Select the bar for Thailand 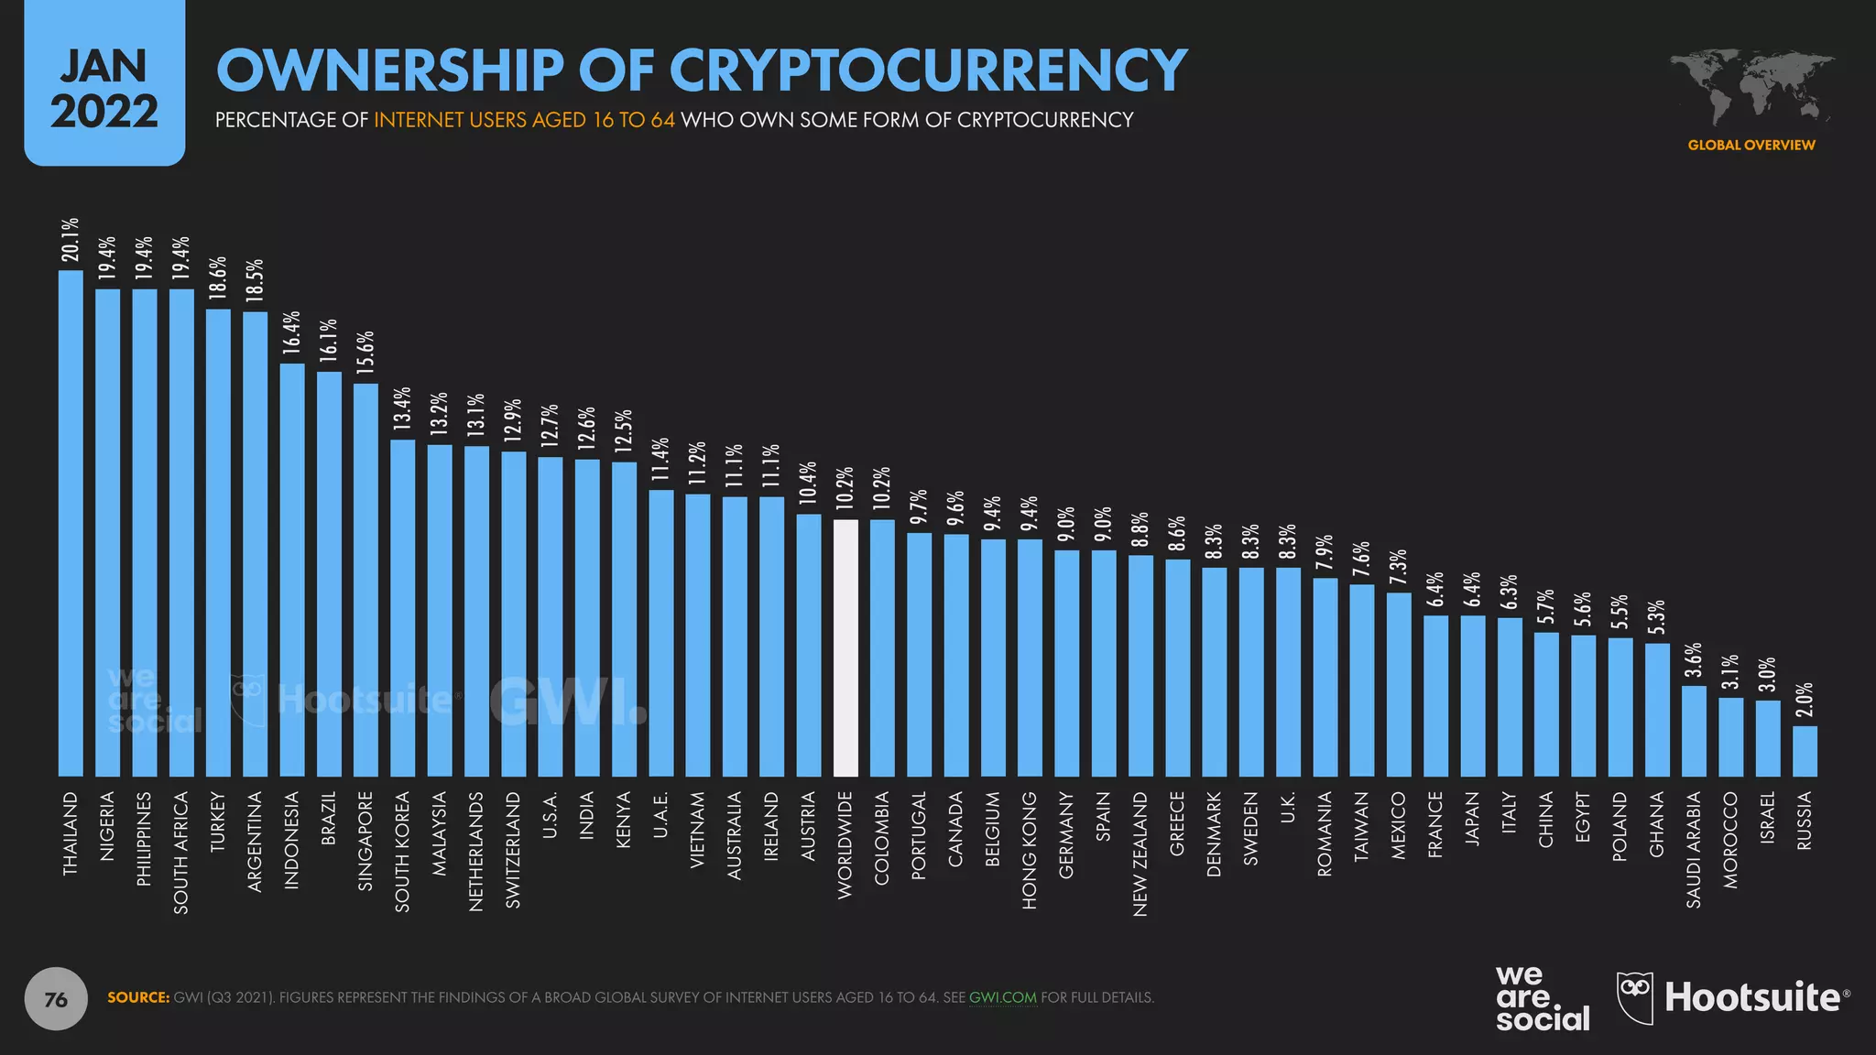pos(71,523)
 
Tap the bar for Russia pos(1805,751)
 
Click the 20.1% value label pos(71,240)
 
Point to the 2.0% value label pos(1805,700)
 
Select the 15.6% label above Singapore pos(365,353)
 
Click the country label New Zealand pos(1140,854)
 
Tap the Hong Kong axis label pos(1030,850)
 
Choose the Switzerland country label pos(513,850)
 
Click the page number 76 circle pos(56,999)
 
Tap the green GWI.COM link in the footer pos(1002,997)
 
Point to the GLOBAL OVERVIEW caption pos(1751,145)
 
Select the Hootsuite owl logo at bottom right pos(1635,998)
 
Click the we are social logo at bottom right pos(1542,998)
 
